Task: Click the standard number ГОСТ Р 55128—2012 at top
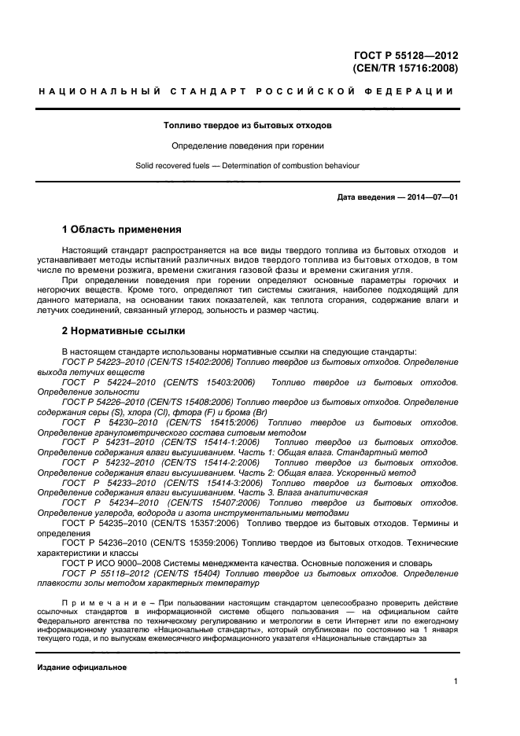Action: [406, 55]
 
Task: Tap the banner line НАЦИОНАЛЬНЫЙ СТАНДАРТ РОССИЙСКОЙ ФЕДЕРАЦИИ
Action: [247, 92]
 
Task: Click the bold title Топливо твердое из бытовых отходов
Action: [247, 125]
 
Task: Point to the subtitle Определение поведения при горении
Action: [248, 145]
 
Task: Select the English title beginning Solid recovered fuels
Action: [248, 165]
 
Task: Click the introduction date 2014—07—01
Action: [430, 197]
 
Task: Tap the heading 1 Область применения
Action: [122, 230]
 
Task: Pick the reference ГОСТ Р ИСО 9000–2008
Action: [109, 563]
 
